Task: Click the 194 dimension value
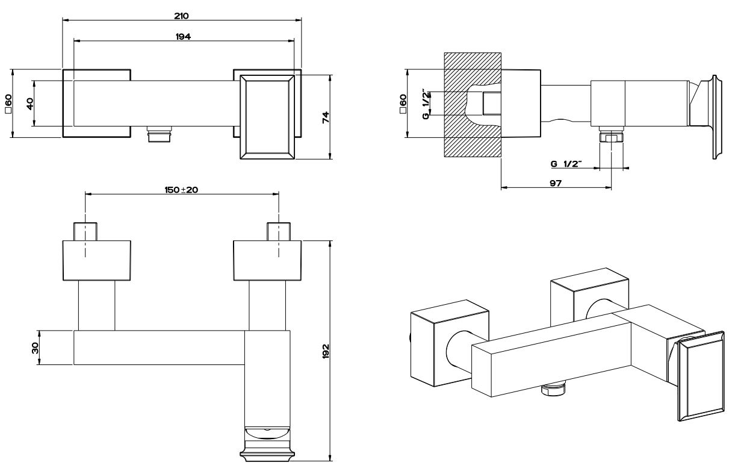coord(183,37)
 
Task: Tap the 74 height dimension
coord(326,117)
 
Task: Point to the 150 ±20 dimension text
coord(182,190)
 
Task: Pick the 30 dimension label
coord(34,348)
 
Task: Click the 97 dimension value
coord(556,183)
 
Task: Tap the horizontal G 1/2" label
coord(566,163)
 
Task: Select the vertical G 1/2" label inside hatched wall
coord(426,103)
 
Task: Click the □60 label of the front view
coord(8,103)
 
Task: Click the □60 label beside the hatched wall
coord(403,103)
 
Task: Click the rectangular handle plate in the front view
coord(267,117)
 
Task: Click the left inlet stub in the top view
coord(85,231)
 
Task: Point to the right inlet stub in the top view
coord(279,231)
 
